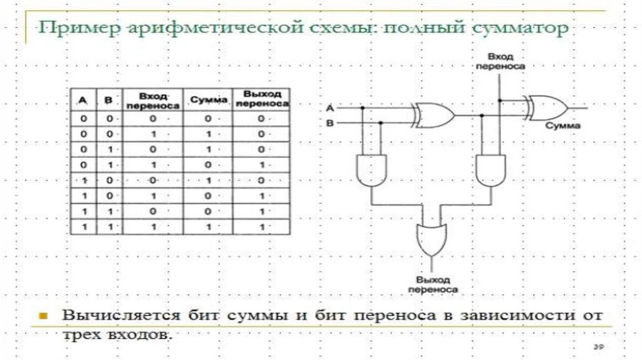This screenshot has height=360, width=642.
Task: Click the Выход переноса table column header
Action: [x=261, y=99]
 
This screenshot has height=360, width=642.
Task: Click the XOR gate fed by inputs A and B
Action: [x=433, y=115]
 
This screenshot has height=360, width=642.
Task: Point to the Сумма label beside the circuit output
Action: [x=563, y=126]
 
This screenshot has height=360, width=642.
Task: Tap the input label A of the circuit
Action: [x=330, y=108]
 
